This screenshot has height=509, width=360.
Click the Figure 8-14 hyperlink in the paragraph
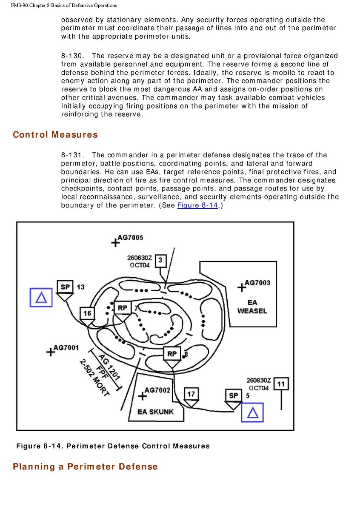tap(197, 205)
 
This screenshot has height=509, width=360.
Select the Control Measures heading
tap(55, 135)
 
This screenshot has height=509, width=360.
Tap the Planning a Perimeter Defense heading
tap(85, 466)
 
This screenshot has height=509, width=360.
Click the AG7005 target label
tap(130, 238)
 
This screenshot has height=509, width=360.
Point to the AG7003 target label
tap(257, 283)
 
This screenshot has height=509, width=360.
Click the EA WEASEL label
tap(252, 307)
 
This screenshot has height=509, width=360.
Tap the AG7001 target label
tap(66, 348)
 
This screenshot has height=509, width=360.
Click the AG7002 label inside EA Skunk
tap(157, 390)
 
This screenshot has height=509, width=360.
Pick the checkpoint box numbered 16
tap(87, 313)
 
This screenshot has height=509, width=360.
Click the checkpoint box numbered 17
tap(191, 394)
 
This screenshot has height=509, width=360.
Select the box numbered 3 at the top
tap(160, 260)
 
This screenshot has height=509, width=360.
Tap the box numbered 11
tap(281, 384)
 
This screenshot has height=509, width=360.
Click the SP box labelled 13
tap(65, 287)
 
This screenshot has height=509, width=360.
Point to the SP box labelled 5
tap(233, 395)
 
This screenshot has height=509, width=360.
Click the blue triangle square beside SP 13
tap(41, 297)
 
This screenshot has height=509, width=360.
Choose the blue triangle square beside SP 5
tap(252, 412)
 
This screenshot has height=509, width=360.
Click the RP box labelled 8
tap(172, 354)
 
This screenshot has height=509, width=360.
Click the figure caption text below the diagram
tap(113, 446)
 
